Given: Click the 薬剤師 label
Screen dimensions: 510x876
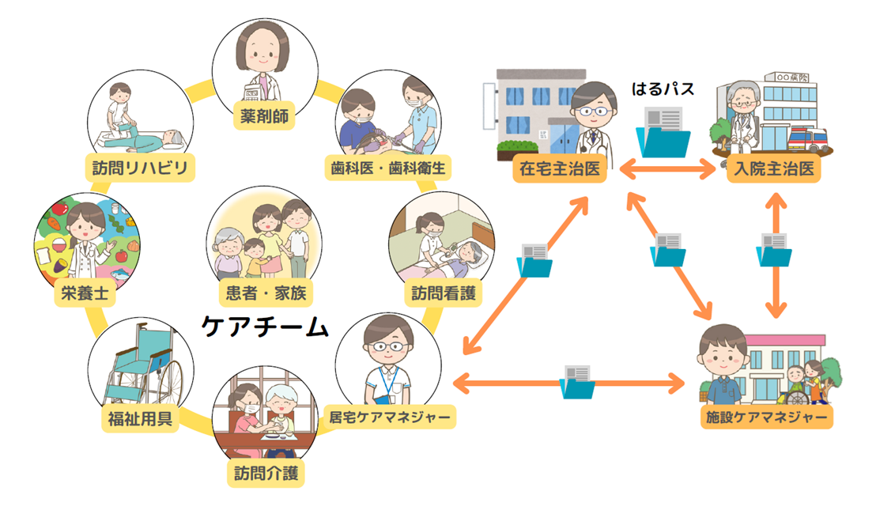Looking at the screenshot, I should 264,118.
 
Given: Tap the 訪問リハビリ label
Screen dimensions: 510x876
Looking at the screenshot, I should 140,168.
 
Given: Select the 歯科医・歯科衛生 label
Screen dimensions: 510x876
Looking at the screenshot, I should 388,168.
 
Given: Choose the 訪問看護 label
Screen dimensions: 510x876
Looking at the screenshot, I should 444,294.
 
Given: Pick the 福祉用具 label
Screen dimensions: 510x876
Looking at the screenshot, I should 140,417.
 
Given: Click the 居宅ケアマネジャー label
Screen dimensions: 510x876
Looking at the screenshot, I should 390,417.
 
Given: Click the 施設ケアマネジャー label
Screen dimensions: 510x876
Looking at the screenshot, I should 766,417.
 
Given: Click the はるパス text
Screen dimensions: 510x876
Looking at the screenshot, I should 663,89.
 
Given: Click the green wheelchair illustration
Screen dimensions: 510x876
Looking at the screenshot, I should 143,365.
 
